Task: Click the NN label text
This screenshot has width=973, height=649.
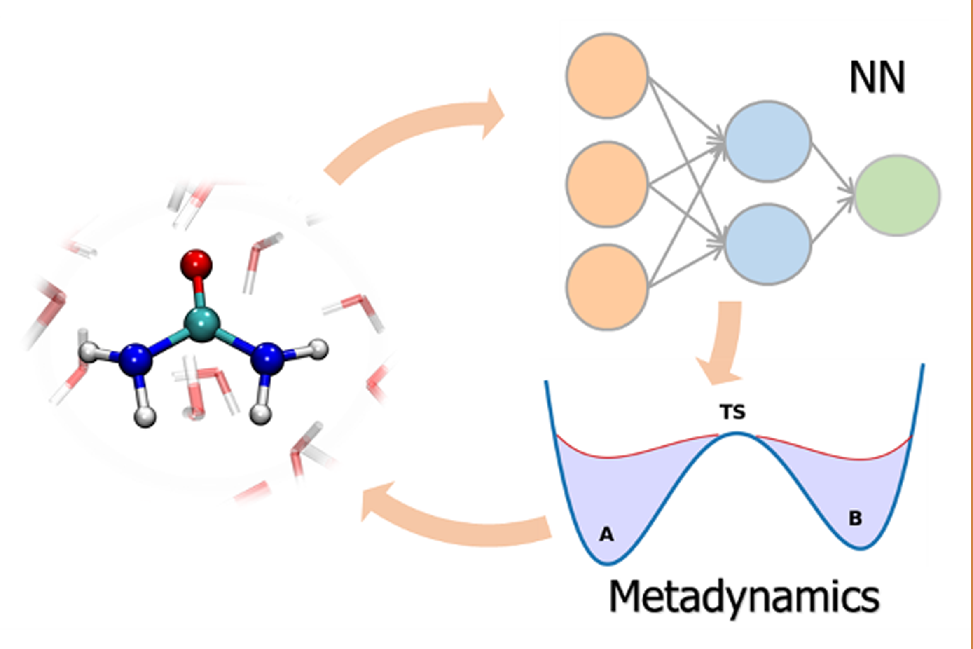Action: pyautogui.click(x=877, y=78)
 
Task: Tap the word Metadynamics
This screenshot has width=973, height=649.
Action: pyautogui.click(x=744, y=597)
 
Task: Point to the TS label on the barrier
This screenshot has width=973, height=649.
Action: pyautogui.click(x=733, y=412)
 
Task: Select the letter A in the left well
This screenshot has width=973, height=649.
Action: pyautogui.click(x=606, y=534)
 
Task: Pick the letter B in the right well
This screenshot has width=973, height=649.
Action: pyautogui.click(x=855, y=518)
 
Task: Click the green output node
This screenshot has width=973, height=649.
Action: pyautogui.click(x=897, y=195)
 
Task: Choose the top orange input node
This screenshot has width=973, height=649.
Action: pyautogui.click(x=607, y=76)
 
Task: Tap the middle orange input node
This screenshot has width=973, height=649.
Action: pyautogui.click(x=607, y=184)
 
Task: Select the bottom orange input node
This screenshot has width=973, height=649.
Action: pyautogui.click(x=607, y=287)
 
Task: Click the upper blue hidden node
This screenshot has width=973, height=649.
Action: pyautogui.click(x=767, y=141)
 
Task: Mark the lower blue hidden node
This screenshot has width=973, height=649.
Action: pyautogui.click(x=767, y=244)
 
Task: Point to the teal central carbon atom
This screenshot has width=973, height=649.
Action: pyautogui.click(x=201, y=323)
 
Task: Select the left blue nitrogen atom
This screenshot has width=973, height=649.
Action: pyautogui.click(x=136, y=360)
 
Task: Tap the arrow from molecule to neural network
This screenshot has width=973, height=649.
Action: pyautogui.click(x=414, y=132)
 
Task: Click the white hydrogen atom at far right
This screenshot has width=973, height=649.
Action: pyautogui.click(x=318, y=349)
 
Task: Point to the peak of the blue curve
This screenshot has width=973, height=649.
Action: pyautogui.click(x=737, y=433)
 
